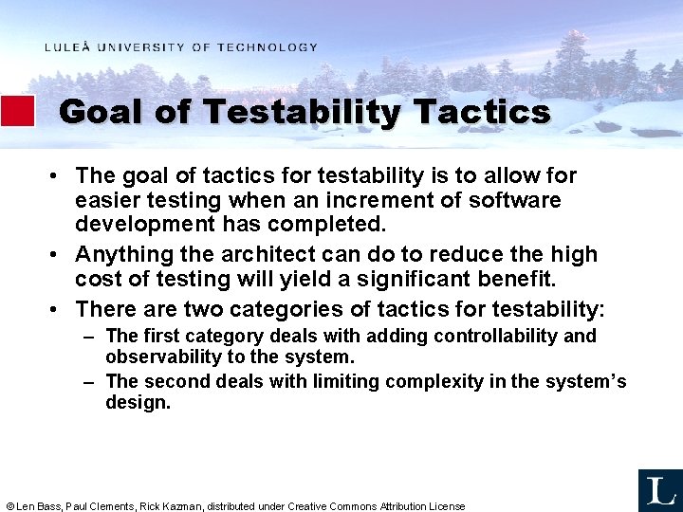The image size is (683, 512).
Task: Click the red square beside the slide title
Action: point(17,111)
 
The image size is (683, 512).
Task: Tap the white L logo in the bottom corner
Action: point(659,489)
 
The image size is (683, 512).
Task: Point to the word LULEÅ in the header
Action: point(68,47)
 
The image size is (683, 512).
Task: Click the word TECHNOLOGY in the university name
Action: point(268,47)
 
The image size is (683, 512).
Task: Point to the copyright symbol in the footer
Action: point(9,506)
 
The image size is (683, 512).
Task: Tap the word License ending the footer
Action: point(447,506)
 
